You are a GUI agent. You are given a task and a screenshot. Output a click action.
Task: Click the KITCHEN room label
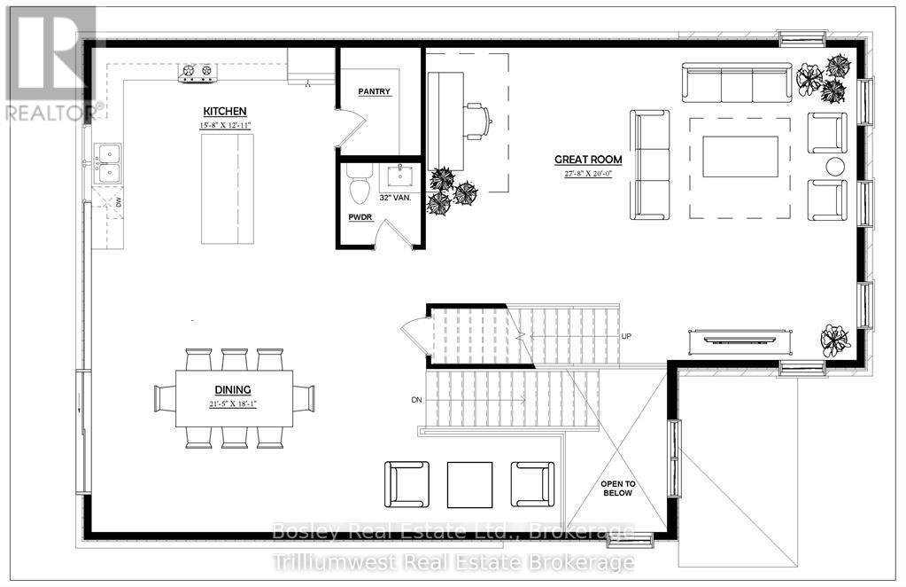(x=224, y=111)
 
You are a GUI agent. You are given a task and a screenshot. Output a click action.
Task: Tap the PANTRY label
(x=375, y=91)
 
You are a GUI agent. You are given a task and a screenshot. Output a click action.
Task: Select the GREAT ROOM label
(x=588, y=160)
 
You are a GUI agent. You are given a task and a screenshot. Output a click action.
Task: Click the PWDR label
(x=360, y=215)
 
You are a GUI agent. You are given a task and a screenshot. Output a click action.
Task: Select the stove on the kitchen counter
(x=197, y=72)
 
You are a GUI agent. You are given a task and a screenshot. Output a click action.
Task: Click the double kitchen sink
(x=109, y=163)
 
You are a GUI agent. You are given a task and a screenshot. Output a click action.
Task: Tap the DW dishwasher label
(x=120, y=202)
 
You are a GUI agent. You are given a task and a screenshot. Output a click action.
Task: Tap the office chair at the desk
(x=476, y=121)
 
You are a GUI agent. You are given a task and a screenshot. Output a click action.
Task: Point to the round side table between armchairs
(x=835, y=166)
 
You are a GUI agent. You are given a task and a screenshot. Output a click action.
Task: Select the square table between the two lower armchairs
(x=468, y=483)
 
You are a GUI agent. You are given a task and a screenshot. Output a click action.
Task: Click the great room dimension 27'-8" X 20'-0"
(x=588, y=174)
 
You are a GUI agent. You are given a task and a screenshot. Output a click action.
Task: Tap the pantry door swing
(x=350, y=129)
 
